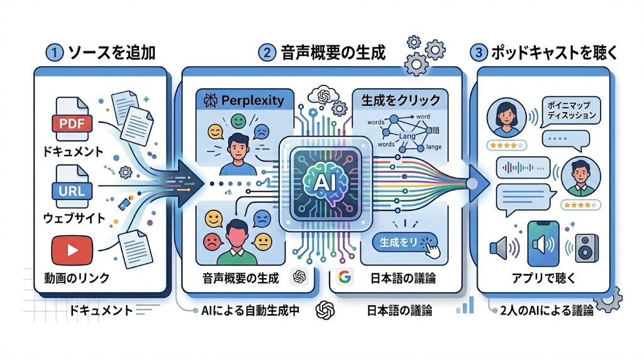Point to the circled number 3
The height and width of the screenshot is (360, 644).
480,53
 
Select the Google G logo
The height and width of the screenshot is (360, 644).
343,276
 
